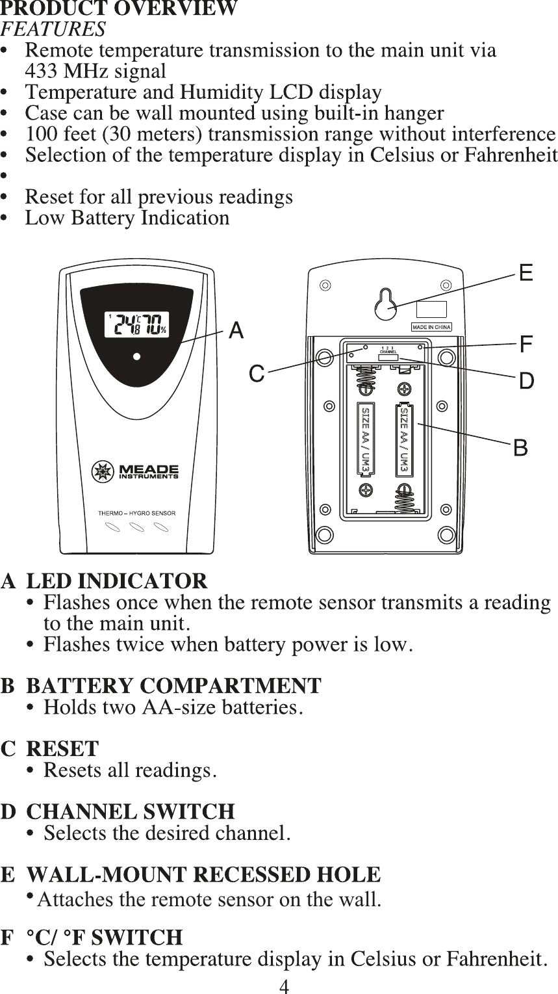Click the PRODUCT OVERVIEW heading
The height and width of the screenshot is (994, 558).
119,9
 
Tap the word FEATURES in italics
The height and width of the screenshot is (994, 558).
53,29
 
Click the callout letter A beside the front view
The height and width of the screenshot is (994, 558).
236,331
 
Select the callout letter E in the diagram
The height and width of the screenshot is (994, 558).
526,272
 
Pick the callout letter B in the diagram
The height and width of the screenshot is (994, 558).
520,448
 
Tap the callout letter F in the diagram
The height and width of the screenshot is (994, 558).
526,345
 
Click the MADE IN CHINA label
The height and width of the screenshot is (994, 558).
431,327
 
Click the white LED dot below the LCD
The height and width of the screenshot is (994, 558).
136,356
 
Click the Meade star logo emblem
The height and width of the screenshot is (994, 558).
103,471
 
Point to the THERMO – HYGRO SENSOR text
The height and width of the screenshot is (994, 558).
136,513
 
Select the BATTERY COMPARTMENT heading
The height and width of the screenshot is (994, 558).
173,686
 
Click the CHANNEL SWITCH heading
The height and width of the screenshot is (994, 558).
130,812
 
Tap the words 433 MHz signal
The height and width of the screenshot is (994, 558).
95,71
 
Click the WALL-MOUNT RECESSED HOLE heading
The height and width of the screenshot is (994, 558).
203,875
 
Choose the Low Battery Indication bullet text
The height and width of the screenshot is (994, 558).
127,218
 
